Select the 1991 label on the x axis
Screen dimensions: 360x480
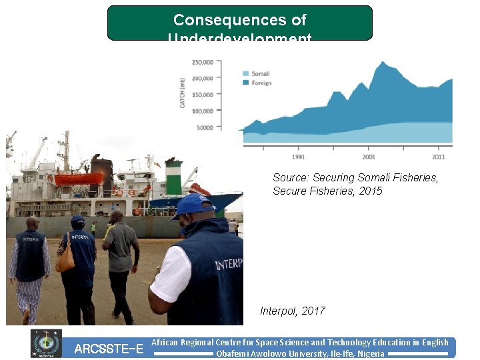coord(299,157)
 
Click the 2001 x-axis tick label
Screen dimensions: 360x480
coord(369,157)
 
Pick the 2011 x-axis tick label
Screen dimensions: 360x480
coord(438,157)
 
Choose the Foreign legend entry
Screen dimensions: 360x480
coord(261,83)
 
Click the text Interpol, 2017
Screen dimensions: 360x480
coord(293,311)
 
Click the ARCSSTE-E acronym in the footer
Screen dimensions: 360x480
coord(109,349)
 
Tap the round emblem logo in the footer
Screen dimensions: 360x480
coord(46,343)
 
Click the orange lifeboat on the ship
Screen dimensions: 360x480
coord(79,179)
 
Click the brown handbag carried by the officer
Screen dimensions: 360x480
coord(65,261)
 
